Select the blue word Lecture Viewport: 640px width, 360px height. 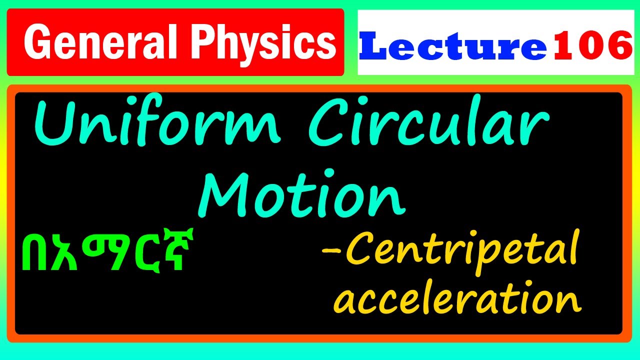[x=453, y=45]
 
